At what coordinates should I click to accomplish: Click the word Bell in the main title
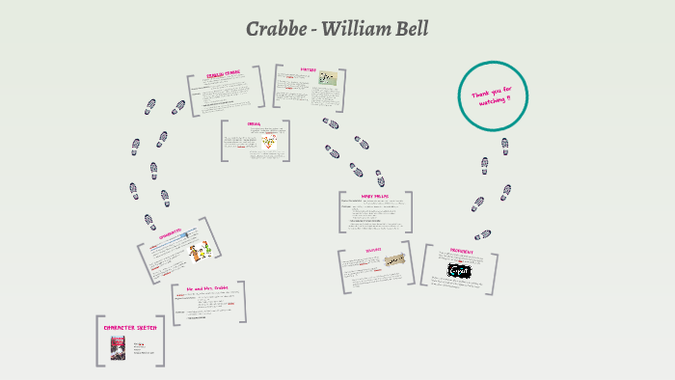tap(410, 30)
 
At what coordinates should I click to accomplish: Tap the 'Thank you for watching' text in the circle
tap(493, 96)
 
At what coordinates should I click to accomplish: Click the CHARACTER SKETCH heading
tap(130, 328)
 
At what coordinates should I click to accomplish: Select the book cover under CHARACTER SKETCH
tap(118, 347)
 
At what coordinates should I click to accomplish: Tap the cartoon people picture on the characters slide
tap(200, 253)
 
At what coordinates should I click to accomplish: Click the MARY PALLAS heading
tap(375, 197)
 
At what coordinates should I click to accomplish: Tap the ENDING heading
tap(255, 124)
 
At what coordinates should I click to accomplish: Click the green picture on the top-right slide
tap(329, 78)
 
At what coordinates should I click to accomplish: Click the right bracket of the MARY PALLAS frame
tap(410, 211)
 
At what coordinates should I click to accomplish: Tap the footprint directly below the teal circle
tap(503, 146)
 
